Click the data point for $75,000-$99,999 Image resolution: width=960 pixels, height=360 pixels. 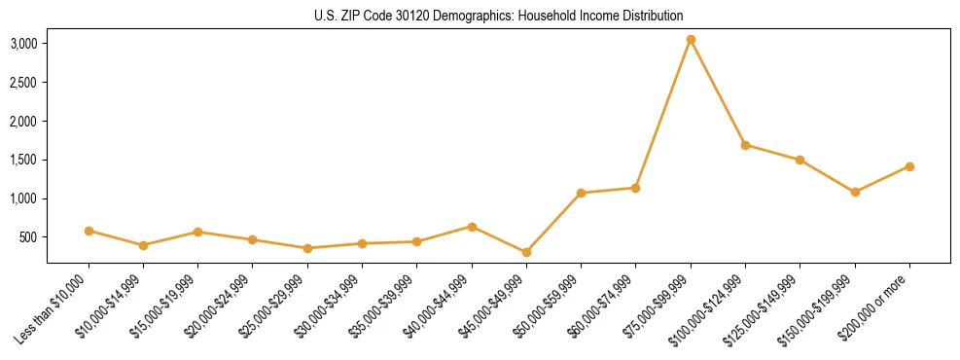pyautogui.click(x=691, y=40)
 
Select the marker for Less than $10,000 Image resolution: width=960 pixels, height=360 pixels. pyautogui.click(x=89, y=231)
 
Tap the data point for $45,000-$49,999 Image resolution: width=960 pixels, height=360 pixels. pyautogui.click(x=526, y=252)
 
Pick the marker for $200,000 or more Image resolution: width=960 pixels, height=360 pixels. pyautogui.click(x=909, y=166)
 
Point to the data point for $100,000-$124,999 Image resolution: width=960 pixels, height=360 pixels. pyautogui.click(x=745, y=145)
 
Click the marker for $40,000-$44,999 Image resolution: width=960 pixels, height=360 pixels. pyautogui.click(x=472, y=227)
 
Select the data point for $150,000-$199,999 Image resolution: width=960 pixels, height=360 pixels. pyautogui.click(x=855, y=193)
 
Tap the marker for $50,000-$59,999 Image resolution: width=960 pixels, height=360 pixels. pyautogui.click(x=581, y=193)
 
